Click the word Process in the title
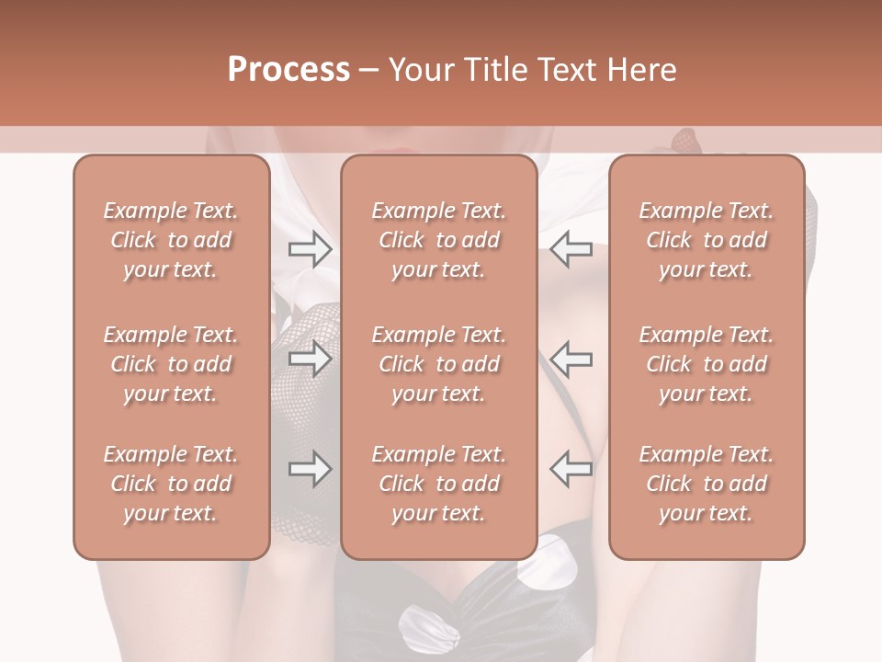pos(288,70)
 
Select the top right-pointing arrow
pos(310,249)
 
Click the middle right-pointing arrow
pos(310,358)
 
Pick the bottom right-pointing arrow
pos(310,469)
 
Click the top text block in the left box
pos(171,240)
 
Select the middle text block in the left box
pos(171,364)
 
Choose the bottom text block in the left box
pos(171,484)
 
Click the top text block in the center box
pos(439,240)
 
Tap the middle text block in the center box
pos(439,364)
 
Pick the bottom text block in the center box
pos(439,484)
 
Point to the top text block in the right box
pos(707,240)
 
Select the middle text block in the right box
pos(707,364)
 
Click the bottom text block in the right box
pos(707,484)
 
